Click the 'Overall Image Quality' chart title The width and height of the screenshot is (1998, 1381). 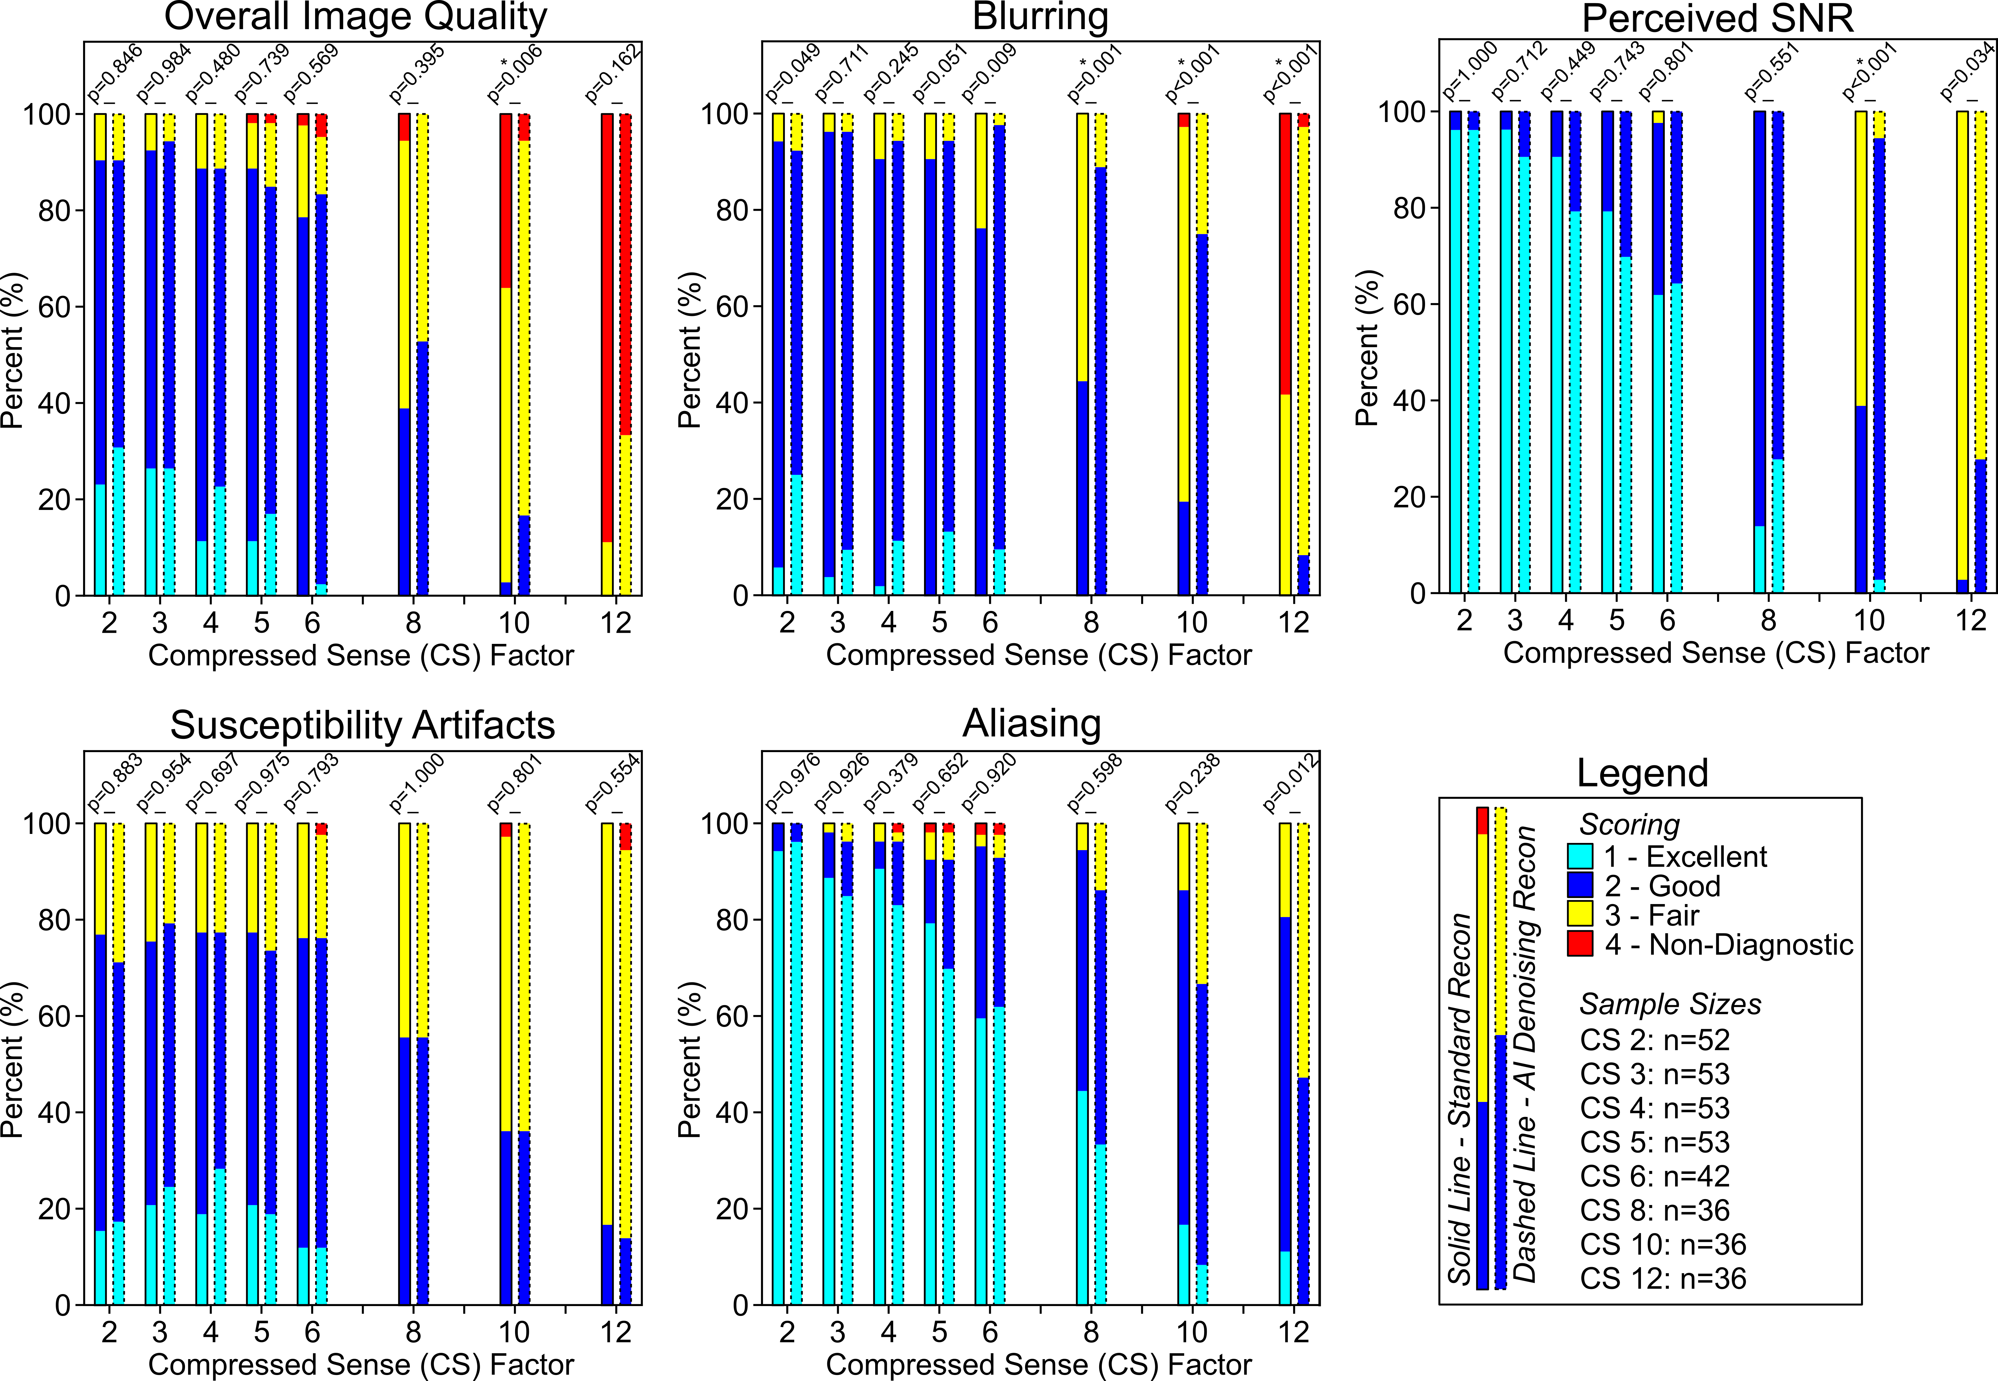coord(356,17)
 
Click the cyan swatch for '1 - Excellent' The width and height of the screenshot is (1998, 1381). coord(1580,857)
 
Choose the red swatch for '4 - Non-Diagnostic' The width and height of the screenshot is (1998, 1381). coord(1580,944)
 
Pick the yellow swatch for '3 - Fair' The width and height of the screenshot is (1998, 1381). coord(1580,915)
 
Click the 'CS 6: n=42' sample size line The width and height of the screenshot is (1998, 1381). coord(1654,1176)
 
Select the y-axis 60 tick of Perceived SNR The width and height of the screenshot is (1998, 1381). coord(1409,305)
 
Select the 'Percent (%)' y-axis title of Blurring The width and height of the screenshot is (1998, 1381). coord(690,350)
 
